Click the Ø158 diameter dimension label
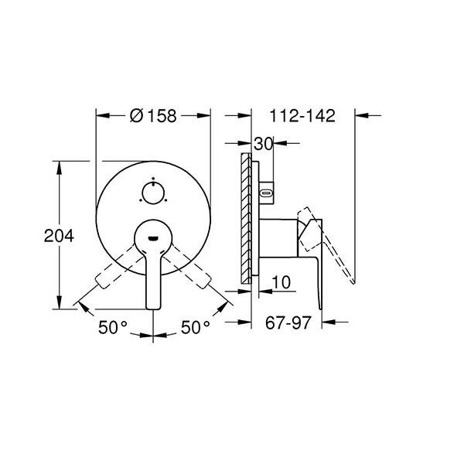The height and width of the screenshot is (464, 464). pyautogui.click(x=153, y=115)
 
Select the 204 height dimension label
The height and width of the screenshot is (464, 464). pyautogui.click(x=59, y=236)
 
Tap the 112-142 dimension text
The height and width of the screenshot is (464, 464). pyautogui.click(x=302, y=115)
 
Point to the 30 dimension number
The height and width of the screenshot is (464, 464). pyautogui.click(x=263, y=144)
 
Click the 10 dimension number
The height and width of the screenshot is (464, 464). pyautogui.click(x=281, y=282)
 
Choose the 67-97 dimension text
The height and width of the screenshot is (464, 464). pyautogui.click(x=288, y=322)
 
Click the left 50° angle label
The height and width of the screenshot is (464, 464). pyautogui.click(x=113, y=327)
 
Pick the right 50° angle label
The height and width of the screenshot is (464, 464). pyautogui.click(x=196, y=327)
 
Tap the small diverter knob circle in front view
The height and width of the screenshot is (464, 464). pyautogui.click(x=153, y=193)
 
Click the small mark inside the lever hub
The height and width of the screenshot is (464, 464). pyautogui.click(x=153, y=238)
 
